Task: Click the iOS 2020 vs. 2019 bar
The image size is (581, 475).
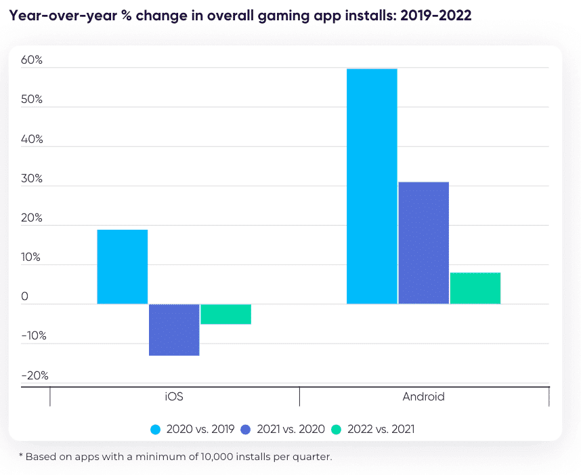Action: click(x=123, y=266)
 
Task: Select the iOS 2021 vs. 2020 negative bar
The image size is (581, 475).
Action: click(x=174, y=329)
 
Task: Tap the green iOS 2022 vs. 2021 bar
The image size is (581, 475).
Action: click(x=225, y=314)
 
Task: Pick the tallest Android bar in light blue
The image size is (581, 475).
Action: click(x=372, y=186)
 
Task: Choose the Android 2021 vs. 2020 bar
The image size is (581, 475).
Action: click(x=424, y=243)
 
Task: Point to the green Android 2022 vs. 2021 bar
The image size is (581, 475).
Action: click(x=475, y=288)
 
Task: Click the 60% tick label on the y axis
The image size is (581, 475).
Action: click(x=32, y=60)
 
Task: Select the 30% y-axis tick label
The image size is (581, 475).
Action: click(x=32, y=179)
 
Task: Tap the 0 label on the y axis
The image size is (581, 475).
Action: click(x=25, y=297)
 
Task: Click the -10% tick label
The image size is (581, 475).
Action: click(x=34, y=336)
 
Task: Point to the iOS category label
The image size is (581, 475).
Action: click(x=174, y=397)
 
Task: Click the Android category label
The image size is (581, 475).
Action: click(x=424, y=397)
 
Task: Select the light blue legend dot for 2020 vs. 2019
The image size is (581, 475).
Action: click(x=155, y=429)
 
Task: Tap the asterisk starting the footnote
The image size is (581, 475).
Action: click(x=20, y=455)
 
